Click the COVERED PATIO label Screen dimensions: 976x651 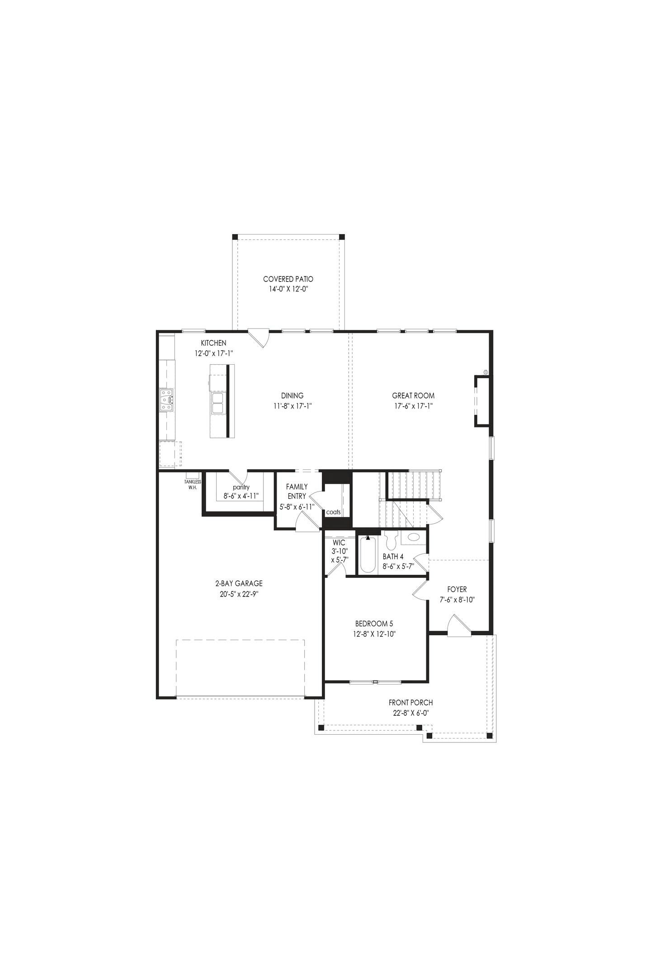[x=288, y=279]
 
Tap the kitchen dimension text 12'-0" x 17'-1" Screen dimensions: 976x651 [x=214, y=353]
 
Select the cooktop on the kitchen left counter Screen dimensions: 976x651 [x=166, y=400]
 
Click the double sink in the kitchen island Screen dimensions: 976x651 [x=217, y=403]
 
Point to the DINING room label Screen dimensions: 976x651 [x=292, y=395]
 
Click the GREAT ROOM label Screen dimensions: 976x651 [x=413, y=395]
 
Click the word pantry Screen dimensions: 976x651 [x=241, y=487]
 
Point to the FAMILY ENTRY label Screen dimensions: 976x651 [x=297, y=491]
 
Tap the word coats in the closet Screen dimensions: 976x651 [x=333, y=512]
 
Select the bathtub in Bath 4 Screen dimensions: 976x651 [x=368, y=555]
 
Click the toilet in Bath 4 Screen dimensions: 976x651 [x=392, y=540]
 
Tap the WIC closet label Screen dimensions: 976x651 [x=339, y=542]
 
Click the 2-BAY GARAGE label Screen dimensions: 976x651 [x=239, y=583]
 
